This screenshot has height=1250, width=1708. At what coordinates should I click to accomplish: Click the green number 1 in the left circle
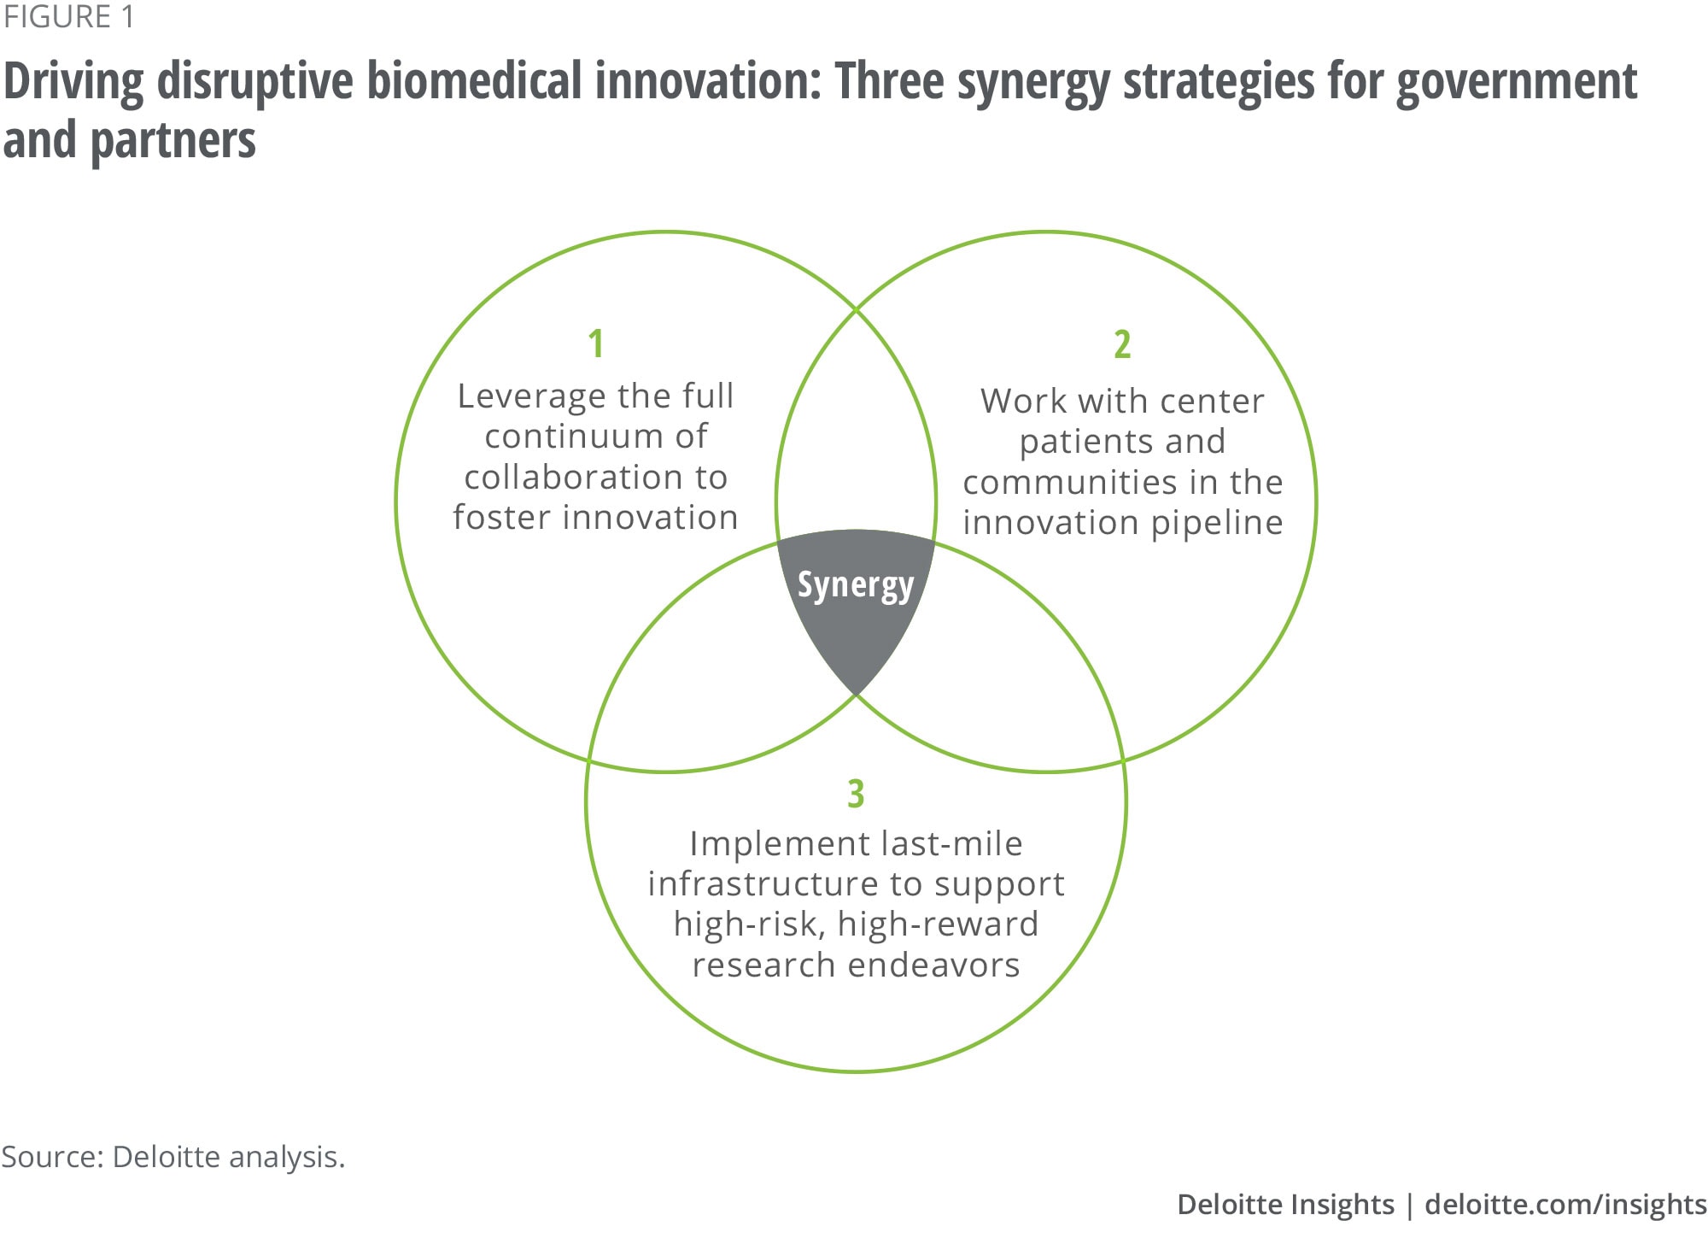pos(596,343)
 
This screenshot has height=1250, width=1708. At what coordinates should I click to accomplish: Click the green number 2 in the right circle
pos(1122,343)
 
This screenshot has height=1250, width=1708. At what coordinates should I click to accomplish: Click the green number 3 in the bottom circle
pos(856,793)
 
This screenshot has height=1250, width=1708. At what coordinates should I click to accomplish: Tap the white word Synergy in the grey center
pos(856,586)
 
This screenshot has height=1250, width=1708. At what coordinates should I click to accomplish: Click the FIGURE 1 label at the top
pos(68,17)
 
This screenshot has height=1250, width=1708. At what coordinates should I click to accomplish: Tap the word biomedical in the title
pos(473,81)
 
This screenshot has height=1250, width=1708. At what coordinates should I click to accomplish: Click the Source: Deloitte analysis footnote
pos(173,1157)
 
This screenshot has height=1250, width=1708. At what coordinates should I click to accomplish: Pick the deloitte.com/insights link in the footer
pos(1566,1205)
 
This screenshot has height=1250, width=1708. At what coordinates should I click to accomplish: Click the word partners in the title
pos(173,142)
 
